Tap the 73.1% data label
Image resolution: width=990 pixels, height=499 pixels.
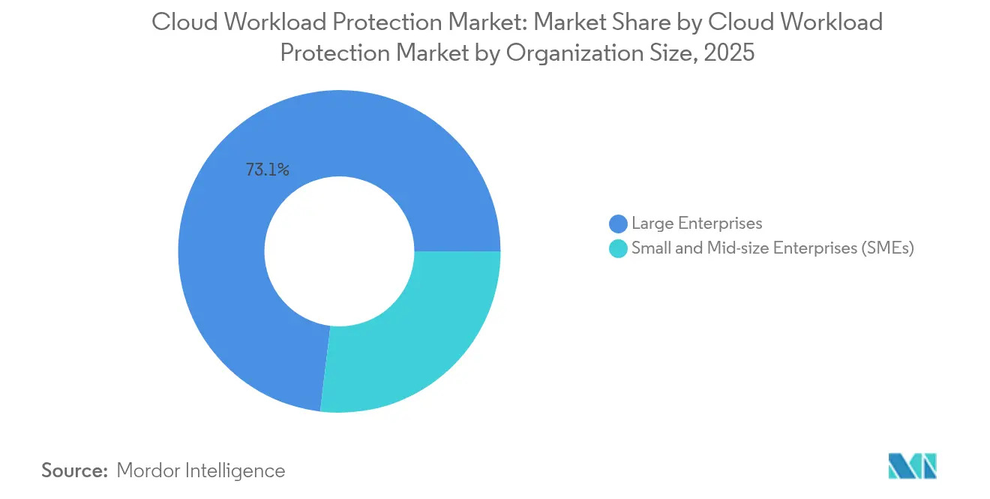click(268, 170)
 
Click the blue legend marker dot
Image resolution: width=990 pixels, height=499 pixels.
click(618, 224)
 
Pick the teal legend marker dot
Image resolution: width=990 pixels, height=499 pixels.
click(618, 249)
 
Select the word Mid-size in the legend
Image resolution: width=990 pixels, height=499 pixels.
click(738, 248)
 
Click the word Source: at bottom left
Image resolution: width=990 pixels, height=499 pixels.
click(75, 470)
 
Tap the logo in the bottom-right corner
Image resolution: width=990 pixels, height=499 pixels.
click(912, 466)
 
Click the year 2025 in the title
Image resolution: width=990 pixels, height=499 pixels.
click(727, 54)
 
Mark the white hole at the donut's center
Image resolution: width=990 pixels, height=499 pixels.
click(339, 251)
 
